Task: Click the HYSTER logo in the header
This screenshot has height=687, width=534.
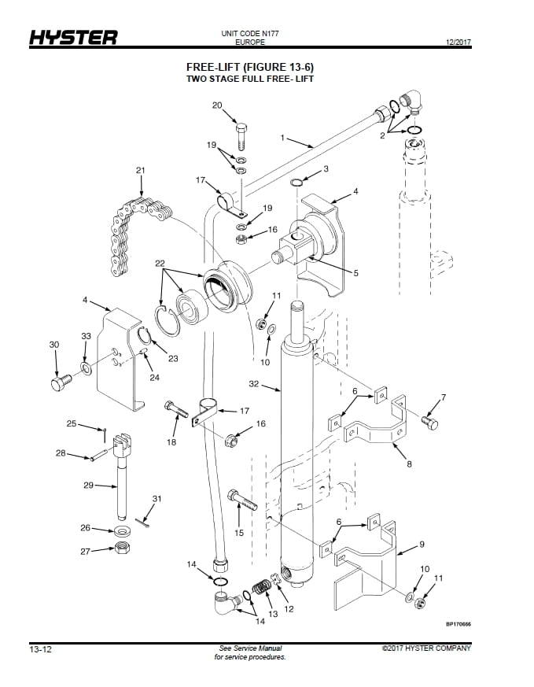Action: point(73,38)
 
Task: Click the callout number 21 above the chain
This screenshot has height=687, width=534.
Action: point(141,170)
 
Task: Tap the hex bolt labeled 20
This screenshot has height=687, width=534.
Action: point(241,137)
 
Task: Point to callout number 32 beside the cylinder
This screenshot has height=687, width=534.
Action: point(254,384)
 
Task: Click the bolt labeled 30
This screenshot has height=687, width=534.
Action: point(61,382)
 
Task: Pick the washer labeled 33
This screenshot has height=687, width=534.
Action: point(87,368)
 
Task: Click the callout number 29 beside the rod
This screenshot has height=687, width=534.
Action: point(88,486)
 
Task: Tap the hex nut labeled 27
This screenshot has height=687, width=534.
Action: point(122,548)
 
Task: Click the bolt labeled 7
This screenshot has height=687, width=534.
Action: point(429,423)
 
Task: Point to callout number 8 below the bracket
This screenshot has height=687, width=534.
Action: point(409,464)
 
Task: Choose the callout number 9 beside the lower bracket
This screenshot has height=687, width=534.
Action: point(422,544)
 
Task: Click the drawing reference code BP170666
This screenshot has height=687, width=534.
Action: point(459,624)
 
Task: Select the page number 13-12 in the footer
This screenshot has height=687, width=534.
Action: point(40,649)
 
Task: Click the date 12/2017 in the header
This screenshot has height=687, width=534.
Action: point(459,42)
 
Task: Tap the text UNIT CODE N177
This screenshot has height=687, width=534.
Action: point(250,33)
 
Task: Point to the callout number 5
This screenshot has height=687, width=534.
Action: point(355,273)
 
